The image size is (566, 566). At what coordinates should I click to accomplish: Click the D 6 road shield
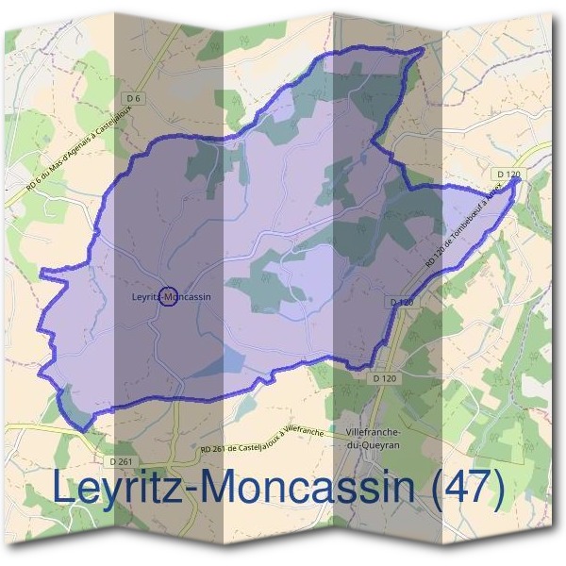(x=133, y=99)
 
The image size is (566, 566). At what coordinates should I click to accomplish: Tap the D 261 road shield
(x=120, y=461)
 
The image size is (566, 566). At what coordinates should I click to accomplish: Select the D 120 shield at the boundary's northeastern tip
(x=508, y=175)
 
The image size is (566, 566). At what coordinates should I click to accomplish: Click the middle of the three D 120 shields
(x=401, y=302)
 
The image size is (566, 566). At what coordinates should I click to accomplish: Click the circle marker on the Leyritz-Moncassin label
(x=169, y=297)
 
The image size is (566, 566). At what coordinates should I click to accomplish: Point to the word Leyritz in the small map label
(x=147, y=297)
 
